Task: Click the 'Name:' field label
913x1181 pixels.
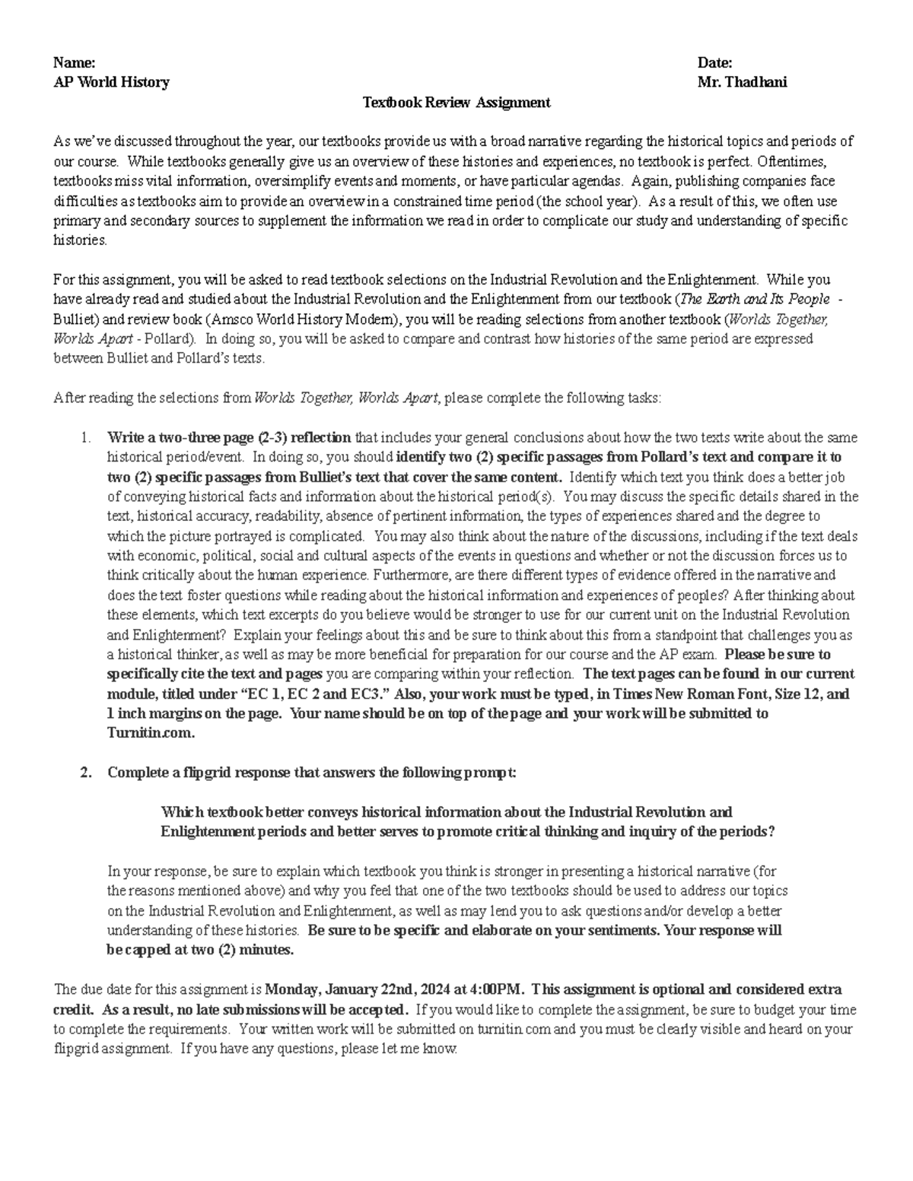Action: (x=74, y=62)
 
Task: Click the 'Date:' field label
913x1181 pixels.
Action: (x=714, y=62)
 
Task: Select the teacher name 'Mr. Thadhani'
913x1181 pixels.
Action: (x=742, y=82)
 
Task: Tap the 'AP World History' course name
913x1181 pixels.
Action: (x=111, y=82)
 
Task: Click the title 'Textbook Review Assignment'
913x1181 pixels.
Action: (x=456, y=102)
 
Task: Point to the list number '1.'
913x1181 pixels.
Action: (x=86, y=438)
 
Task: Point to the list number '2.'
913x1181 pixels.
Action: (x=86, y=773)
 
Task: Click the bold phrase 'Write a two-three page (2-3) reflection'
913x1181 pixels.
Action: (x=229, y=438)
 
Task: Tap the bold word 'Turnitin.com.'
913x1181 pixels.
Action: (x=151, y=734)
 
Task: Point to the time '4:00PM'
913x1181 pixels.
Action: (x=497, y=990)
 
